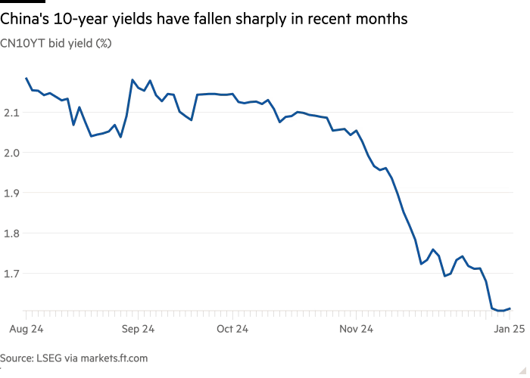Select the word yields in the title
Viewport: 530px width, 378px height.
pyautogui.click(x=135, y=20)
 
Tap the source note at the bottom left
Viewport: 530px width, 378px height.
pyautogui.click(x=73, y=358)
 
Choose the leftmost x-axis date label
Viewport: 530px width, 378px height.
pyautogui.click(x=27, y=330)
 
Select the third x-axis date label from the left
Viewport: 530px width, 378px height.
pyautogui.click(x=233, y=330)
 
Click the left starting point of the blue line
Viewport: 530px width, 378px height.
pyautogui.click(x=26, y=78)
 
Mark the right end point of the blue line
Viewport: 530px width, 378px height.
pyautogui.click(x=511, y=308)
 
